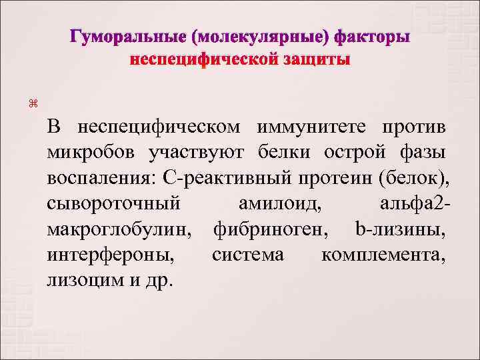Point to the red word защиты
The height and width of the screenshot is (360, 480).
click(x=313, y=60)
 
